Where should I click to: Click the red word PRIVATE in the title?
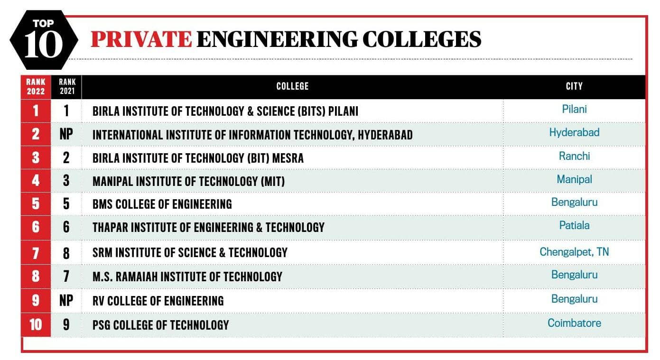(x=141, y=39)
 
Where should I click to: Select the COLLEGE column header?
(x=292, y=86)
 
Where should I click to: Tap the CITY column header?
(x=574, y=86)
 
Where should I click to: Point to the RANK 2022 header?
(x=36, y=87)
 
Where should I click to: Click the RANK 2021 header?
(x=67, y=87)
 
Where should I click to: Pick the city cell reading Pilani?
(x=574, y=109)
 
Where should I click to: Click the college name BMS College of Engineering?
(x=162, y=204)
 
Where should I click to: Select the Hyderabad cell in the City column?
(x=574, y=132)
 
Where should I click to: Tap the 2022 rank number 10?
(x=36, y=325)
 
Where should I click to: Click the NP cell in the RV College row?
(x=66, y=301)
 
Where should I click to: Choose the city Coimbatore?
(x=574, y=323)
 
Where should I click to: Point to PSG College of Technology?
(x=161, y=325)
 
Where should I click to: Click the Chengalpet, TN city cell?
(x=574, y=252)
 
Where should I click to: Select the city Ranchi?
(x=574, y=156)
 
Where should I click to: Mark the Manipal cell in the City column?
(x=574, y=179)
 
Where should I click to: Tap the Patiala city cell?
(x=574, y=225)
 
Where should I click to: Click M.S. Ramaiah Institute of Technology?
(x=187, y=277)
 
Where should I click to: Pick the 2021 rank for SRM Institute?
(x=66, y=253)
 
